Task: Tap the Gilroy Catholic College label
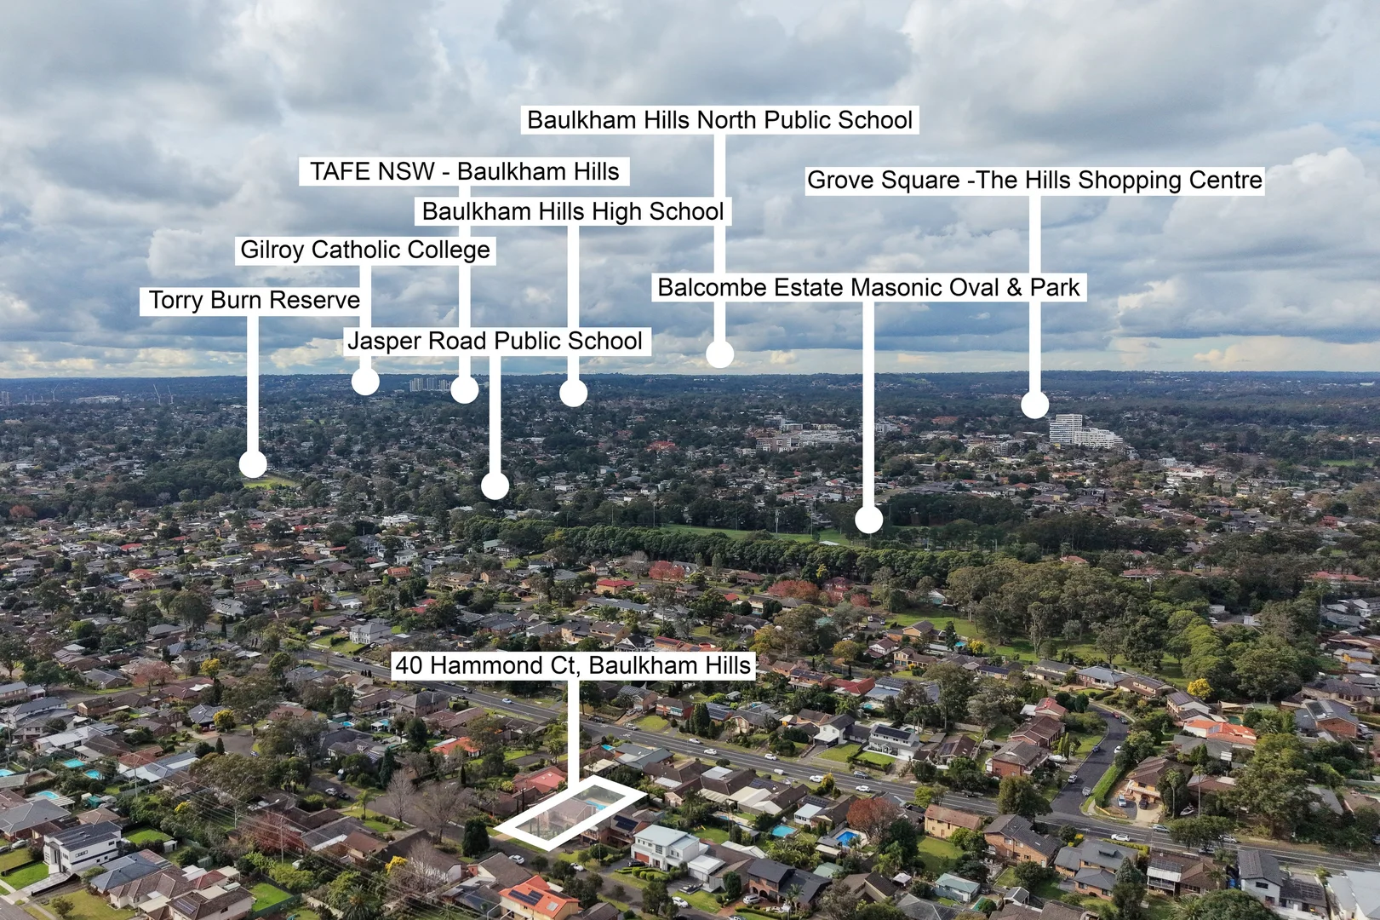365,250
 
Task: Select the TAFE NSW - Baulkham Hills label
464,171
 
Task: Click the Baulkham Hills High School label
573,211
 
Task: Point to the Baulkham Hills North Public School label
720,119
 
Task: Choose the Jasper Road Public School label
496,341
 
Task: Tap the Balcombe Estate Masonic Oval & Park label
868,287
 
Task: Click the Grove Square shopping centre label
1035,180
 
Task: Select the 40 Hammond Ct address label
573,665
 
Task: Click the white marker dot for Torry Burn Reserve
253,464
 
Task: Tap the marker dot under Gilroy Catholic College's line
365,382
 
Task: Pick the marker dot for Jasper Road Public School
495,486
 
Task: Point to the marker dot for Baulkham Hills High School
573,393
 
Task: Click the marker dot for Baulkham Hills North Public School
719,354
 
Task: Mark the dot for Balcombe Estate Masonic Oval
868,519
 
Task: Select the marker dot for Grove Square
1035,405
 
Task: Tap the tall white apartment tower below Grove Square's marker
1067,428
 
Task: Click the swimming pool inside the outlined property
596,805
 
